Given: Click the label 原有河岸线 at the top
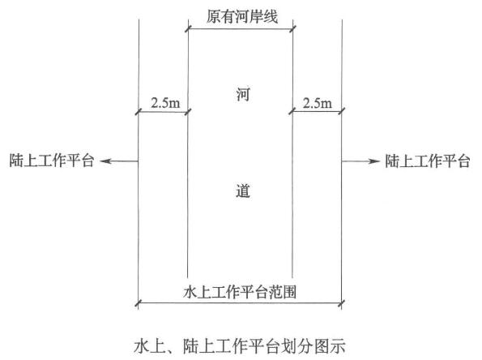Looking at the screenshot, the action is pos(242,16).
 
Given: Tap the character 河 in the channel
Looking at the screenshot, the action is pos(243,94).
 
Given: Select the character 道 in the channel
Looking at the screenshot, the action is pos(243,191).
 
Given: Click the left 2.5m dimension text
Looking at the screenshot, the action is pos(165,103).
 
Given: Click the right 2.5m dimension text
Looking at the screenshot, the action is pos(318,103).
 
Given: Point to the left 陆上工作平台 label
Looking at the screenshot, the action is pos(51,161).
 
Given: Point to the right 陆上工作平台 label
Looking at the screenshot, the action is pos(428,161).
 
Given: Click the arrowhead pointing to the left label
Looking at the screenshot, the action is pos(105,161).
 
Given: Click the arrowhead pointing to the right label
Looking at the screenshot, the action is pos(374,161).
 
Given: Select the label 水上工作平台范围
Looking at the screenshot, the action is pos(240,292).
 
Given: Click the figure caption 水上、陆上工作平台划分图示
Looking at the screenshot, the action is pos(240,346).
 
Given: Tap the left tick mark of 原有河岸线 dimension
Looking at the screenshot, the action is pos(188,29).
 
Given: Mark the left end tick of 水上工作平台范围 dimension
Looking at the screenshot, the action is pos(139,303).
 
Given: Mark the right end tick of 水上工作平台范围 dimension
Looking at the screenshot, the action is pos(342,303).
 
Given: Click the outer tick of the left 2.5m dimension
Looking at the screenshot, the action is pos(139,111).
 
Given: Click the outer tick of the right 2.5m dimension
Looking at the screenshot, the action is pos(342,111).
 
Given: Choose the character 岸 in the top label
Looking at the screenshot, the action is pos(256,16).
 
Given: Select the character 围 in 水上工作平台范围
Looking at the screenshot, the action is pos(289,292).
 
